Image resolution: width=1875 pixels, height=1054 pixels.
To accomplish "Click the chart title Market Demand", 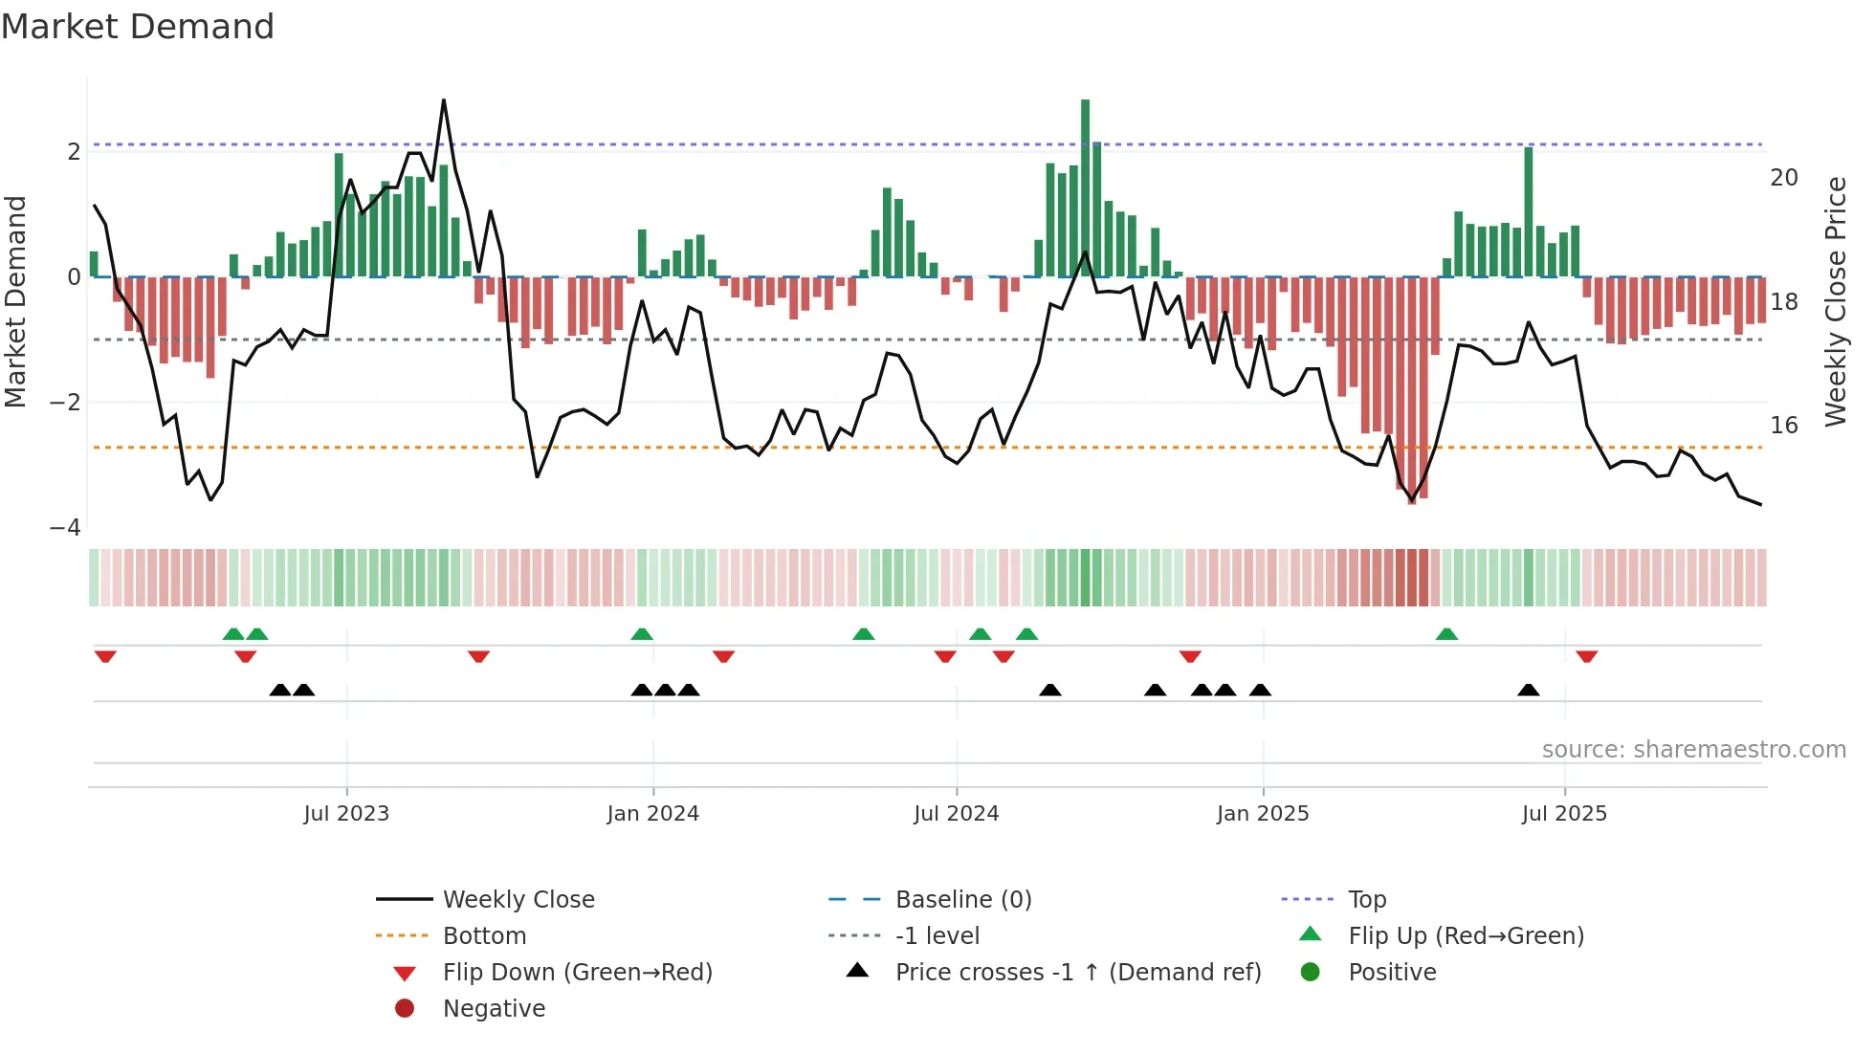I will [x=138, y=27].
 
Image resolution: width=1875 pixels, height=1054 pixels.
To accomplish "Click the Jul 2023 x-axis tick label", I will [x=346, y=814].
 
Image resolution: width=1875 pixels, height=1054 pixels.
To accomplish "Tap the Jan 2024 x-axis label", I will [x=653, y=814].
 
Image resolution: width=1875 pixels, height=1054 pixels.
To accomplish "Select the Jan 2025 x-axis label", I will [x=1263, y=814].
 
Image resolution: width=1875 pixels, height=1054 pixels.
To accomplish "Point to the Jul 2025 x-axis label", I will [x=1565, y=814].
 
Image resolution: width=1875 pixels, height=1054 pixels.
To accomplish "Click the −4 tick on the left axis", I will [x=66, y=528].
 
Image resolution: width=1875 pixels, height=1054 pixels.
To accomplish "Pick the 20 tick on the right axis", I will [x=1784, y=178].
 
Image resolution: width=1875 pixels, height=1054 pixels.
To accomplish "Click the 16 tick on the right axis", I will [x=1784, y=426].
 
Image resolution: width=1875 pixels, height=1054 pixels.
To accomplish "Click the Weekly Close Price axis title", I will [x=1836, y=301].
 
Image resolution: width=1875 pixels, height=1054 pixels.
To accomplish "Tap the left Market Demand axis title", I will [x=16, y=301].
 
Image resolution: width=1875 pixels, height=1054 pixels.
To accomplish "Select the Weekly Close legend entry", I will [x=518, y=900].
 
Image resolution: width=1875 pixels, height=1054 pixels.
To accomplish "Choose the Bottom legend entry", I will [x=484, y=936].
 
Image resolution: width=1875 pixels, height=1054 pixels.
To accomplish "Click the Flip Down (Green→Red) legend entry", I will [x=577, y=973].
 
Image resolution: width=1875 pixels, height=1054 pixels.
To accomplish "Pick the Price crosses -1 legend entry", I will [x=1077, y=973].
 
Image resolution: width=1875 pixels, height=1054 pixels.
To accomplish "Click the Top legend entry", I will [x=1367, y=900].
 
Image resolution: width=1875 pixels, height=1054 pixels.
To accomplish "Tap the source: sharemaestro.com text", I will [x=1693, y=750].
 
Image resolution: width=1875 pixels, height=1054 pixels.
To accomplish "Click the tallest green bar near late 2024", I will [x=1085, y=187].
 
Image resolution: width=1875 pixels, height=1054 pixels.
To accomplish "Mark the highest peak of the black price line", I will [x=443, y=101].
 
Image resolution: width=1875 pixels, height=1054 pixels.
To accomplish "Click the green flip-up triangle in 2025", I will [x=1446, y=634].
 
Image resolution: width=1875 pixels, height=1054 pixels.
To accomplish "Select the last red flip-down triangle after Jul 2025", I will [x=1587, y=656].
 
